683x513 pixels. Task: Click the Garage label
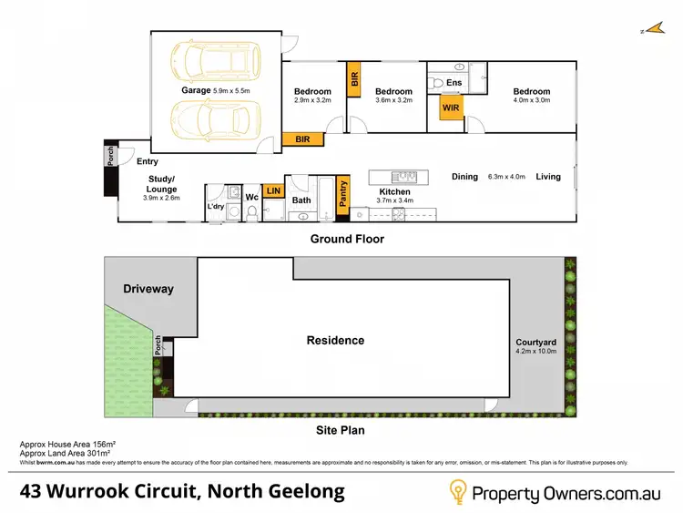point(195,91)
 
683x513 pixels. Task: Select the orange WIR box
point(451,108)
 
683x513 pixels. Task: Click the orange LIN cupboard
point(272,190)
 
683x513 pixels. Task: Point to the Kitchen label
point(394,192)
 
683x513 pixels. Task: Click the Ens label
point(454,83)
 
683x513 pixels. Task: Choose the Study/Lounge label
point(161,184)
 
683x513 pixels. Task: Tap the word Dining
point(464,177)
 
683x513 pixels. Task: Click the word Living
point(548,177)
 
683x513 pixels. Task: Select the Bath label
point(301,200)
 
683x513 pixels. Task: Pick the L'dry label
point(216,207)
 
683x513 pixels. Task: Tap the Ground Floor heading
point(347,240)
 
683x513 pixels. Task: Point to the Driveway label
point(148,289)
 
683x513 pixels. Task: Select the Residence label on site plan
point(335,341)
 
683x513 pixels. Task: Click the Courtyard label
point(535,342)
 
